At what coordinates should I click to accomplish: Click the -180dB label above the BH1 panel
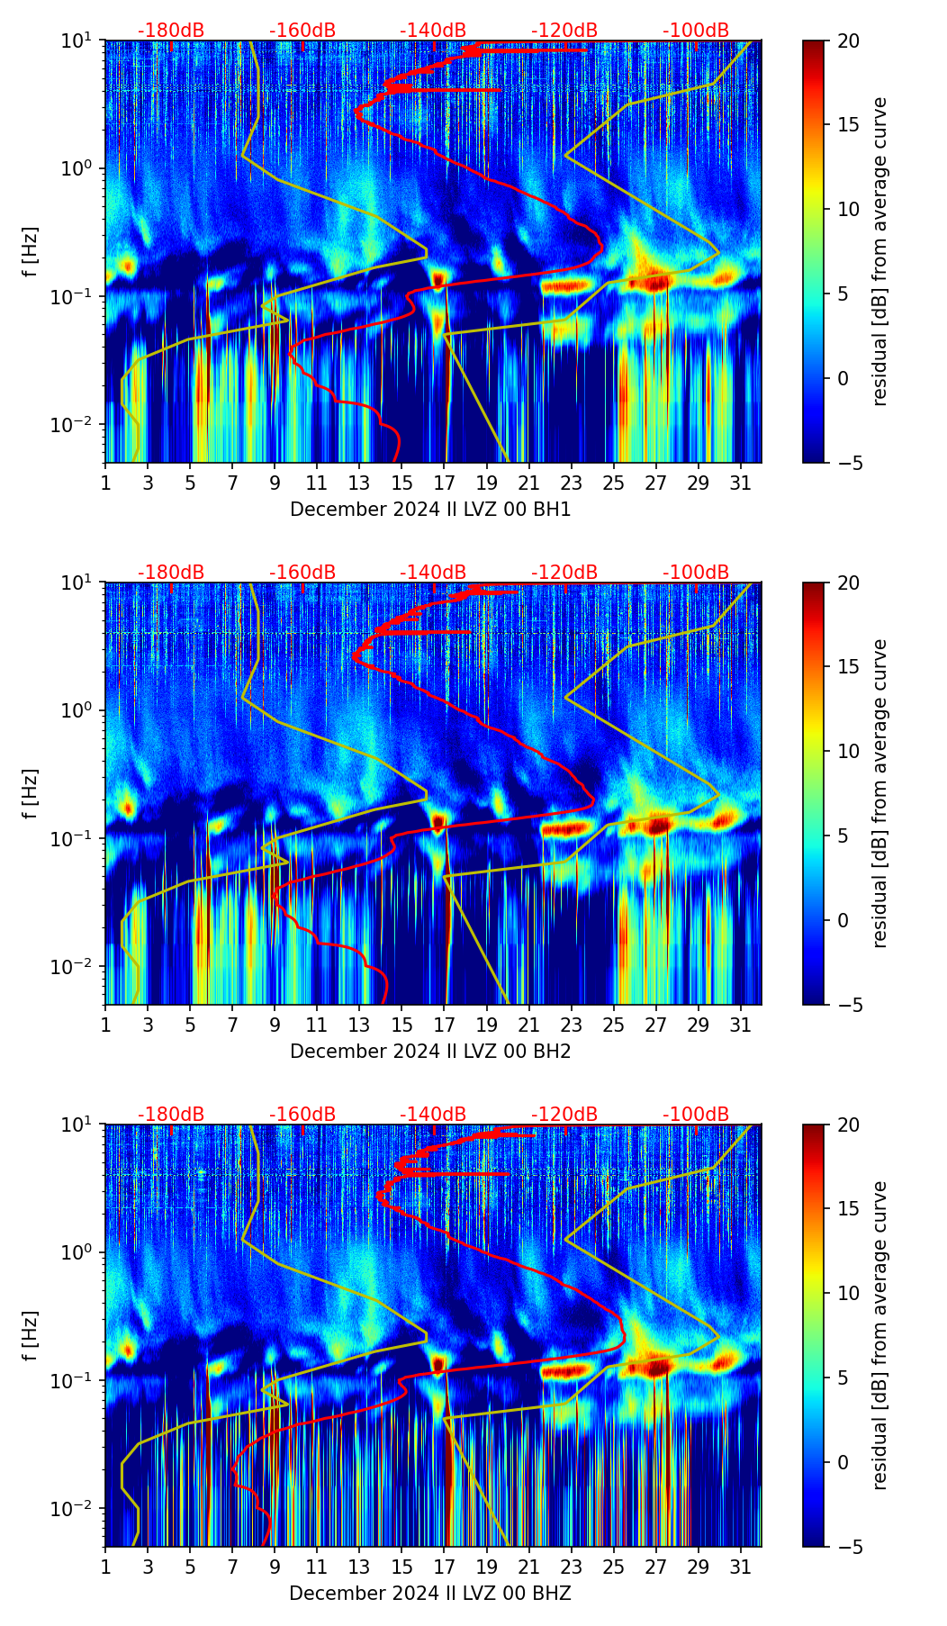[x=171, y=31]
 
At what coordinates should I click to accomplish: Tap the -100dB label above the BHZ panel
[x=696, y=1115]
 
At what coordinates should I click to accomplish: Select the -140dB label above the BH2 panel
[x=433, y=573]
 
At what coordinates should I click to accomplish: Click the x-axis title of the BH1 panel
[x=430, y=510]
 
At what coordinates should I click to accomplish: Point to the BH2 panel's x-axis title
[x=430, y=1052]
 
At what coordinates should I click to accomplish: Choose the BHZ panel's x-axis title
[x=430, y=1594]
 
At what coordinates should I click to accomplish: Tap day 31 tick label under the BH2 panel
[x=741, y=1025]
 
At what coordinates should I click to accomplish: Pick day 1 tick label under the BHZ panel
[x=106, y=1567]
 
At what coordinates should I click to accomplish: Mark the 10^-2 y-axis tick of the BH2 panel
[x=78, y=966]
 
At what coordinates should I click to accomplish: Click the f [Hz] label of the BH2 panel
[x=30, y=793]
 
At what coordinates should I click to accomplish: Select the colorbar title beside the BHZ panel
[x=879, y=1335]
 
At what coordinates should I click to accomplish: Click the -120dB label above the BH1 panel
[x=564, y=31]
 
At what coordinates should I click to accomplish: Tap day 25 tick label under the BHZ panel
[x=614, y=1567]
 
